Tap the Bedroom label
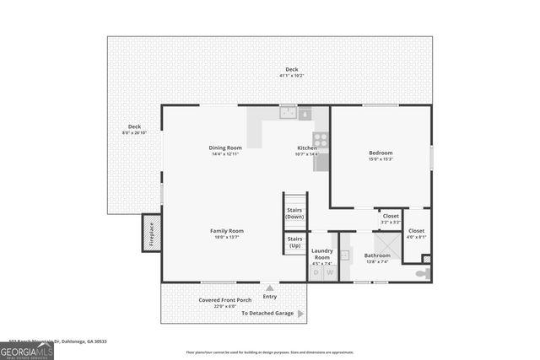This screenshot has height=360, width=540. (381, 153)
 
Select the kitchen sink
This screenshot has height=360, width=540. (288, 112)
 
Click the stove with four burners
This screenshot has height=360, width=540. (321, 139)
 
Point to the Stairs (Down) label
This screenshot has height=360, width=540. (295, 213)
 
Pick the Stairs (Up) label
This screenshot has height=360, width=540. (295, 242)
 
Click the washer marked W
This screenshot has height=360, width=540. (329, 272)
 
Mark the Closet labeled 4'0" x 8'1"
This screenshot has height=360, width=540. (416, 234)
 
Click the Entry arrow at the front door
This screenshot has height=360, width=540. (270, 288)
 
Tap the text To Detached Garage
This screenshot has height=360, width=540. (267, 313)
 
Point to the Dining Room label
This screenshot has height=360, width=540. (225, 148)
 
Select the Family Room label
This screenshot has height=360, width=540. (227, 231)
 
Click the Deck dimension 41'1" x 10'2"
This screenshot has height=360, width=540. (291, 76)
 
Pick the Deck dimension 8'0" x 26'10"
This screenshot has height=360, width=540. (134, 132)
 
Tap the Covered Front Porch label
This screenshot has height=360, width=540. (225, 300)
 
